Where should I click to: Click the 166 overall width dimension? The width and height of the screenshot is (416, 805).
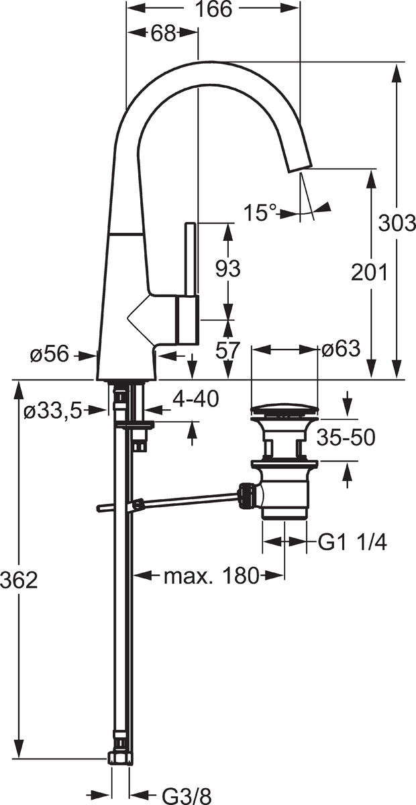click(214, 9)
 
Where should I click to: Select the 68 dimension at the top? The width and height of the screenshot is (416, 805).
click(162, 34)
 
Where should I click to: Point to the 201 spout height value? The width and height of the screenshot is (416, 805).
click(369, 272)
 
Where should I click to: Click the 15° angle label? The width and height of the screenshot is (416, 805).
click(260, 213)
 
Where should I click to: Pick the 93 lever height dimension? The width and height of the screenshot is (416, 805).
click(227, 268)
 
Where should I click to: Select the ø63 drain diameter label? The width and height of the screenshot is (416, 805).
click(341, 349)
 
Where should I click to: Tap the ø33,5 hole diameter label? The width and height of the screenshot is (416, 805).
click(52, 411)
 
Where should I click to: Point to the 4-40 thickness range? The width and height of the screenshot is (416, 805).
click(195, 399)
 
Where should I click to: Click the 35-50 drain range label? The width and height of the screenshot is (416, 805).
click(346, 437)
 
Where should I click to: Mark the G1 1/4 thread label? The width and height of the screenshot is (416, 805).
click(352, 542)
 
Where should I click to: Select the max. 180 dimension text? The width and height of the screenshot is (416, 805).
click(211, 575)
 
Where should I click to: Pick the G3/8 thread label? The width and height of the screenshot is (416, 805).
click(187, 795)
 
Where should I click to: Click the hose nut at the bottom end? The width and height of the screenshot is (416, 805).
click(119, 758)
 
